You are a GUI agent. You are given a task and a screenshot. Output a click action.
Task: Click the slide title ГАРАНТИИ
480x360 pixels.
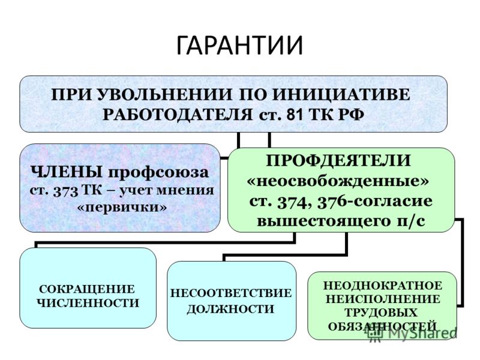(x=239, y=46)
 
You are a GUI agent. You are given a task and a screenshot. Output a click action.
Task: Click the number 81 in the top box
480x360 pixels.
(x=296, y=115)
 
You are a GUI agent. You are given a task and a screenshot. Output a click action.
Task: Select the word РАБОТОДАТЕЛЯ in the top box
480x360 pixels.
(x=178, y=115)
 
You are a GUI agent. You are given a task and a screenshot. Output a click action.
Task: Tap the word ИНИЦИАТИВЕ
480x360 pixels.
(x=341, y=94)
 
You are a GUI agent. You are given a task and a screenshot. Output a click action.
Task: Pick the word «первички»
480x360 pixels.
(x=122, y=208)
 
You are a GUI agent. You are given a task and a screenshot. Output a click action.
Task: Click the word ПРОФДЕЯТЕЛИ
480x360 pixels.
(x=338, y=160)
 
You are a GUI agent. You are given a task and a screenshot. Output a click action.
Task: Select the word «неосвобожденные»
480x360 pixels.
(x=338, y=181)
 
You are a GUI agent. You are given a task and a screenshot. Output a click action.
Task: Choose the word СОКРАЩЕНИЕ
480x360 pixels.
(x=87, y=289)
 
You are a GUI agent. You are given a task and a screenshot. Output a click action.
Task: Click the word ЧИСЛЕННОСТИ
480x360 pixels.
(x=88, y=303)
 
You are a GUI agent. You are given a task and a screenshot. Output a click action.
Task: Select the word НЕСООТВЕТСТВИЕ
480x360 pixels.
(x=231, y=293)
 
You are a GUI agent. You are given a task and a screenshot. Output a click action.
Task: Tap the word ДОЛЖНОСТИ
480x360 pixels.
(x=230, y=309)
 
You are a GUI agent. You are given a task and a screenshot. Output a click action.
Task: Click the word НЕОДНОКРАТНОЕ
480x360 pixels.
(x=383, y=286)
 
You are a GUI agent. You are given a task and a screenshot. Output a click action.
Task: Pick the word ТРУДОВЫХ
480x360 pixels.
(x=382, y=313)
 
